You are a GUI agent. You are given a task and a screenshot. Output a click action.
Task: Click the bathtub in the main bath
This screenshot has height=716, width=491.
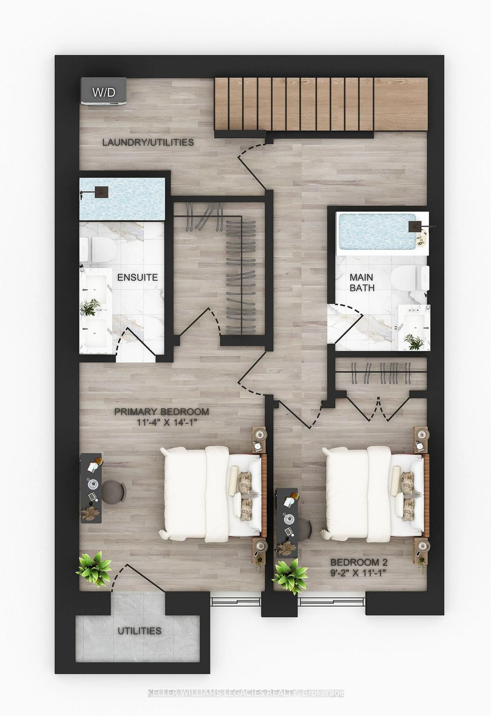click(382, 233)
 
